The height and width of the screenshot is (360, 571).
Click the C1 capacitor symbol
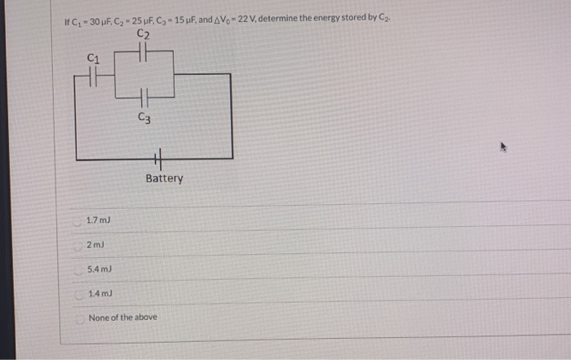[94, 76]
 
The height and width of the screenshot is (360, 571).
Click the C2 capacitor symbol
[143, 54]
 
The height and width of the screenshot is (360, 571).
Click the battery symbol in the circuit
[158, 160]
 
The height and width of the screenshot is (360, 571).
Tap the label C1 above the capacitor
[93, 57]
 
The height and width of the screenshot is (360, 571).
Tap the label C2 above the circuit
[144, 34]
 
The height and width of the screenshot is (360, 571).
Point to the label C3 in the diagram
[144, 118]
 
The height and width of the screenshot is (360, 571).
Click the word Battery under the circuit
[164, 179]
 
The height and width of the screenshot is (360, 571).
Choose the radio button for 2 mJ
[78, 245]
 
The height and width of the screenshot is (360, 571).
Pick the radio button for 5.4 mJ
[78, 269]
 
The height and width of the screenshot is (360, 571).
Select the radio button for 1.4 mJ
[78, 292]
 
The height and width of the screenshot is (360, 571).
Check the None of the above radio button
[78, 317]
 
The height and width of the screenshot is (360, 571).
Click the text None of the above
[123, 317]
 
